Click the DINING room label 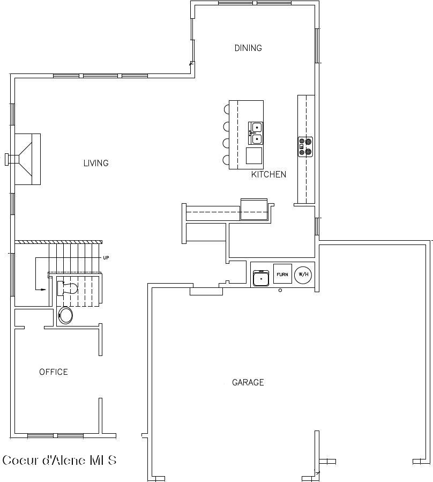tap(248, 48)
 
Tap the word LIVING tap(96, 163)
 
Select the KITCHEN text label tap(268, 174)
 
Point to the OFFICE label tap(54, 372)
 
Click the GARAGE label tap(248, 383)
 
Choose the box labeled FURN tap(282, 275)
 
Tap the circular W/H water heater tap(303, 275)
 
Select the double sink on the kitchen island tap(256, 133)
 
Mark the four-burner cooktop tap(305, 146)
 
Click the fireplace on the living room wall tap(27, 159)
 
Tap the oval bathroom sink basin tap(66, 315)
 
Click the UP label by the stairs tap(106, 258)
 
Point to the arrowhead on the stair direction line tap(44, 290)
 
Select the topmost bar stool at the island tap(227, 109)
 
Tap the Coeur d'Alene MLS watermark tap(59, 460)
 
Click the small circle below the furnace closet tap(280, 290)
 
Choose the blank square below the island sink tap(254, 156)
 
